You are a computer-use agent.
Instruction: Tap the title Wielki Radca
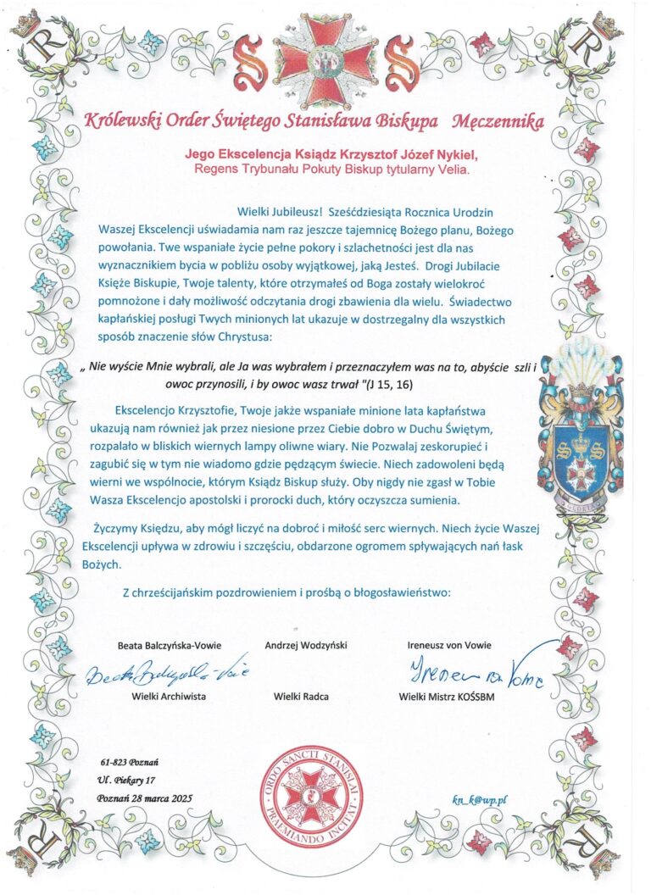click(301, 696)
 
